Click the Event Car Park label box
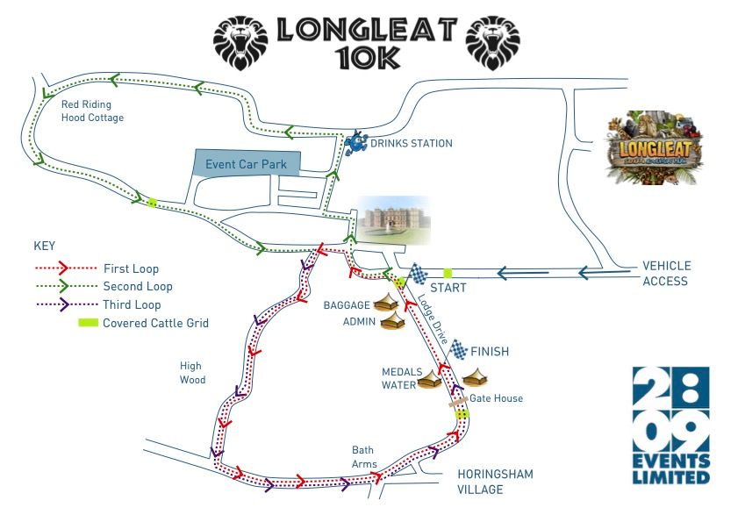pos(247,164)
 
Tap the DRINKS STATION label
pos(411,143)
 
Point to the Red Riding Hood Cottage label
pos(92,111)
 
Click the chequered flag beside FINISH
pos(459,350)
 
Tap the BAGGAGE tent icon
pos(392,304)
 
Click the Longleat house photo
pos(392,219)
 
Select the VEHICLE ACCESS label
pos(666,273)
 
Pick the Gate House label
pos(496,398)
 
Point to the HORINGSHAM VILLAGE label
pos(495,482)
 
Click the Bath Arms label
pos(364,456)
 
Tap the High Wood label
pos(192,373)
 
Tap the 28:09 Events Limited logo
pos(670,425)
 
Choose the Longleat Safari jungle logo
pos(655,147)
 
